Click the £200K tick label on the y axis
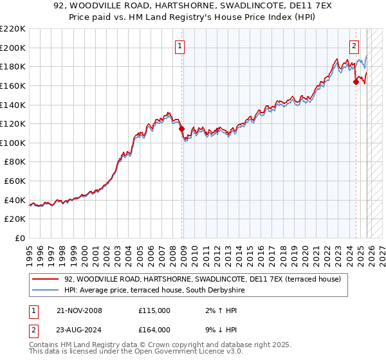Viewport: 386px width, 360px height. pyautogui.click(x=13, y=48)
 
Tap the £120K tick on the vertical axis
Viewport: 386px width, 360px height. pyautogui.click(x=13, y=123)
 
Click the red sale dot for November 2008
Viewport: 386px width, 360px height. pyautogui.click(x=181, y=129)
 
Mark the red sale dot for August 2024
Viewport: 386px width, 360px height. pyautogui.click(x=356, y=82)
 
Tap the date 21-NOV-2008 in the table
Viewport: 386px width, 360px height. pyautogui.click(x=79, y=310)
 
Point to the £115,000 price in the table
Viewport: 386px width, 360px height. pyautogui.click(x=154, y=310)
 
